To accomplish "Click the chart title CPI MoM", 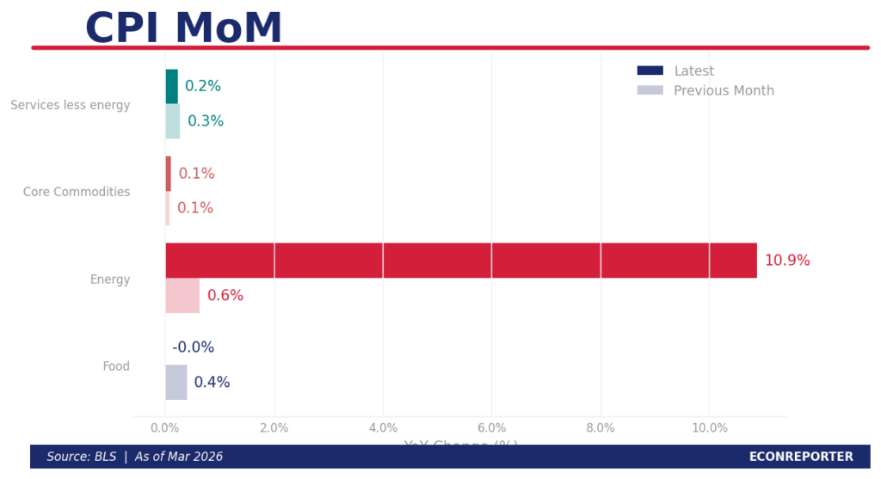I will coord(183,28).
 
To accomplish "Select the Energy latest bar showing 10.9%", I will coord(461,261).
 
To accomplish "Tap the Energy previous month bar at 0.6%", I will coord(182,296).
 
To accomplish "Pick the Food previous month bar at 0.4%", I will coord(176,383).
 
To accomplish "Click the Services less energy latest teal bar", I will coord(172,87).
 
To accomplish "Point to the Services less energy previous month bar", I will coord(173,121).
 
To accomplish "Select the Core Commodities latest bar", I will coord(169,174).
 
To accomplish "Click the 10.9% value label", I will coord(787,261).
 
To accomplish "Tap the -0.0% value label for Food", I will coord(194,347).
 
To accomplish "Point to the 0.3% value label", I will coord(206,121).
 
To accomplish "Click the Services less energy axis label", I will coord(71,105).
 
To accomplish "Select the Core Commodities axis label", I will coord(77,192).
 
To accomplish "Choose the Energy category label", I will coord(110,279).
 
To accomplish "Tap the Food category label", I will coord(116,366).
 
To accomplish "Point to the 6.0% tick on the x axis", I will coord(491,428).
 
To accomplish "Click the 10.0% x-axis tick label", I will coord(709,428).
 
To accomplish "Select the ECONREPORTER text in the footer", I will coord(801,457).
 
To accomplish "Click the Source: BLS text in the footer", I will coord(82,457).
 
